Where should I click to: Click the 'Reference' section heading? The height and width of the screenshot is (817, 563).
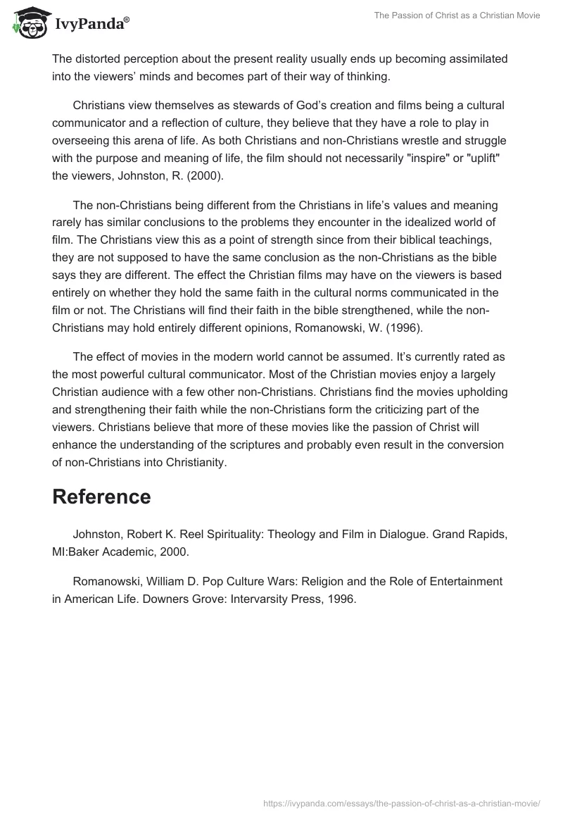101,497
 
